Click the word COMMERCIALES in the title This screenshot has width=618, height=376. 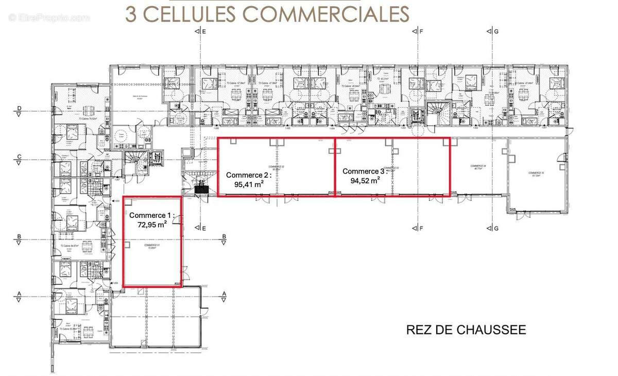(327, 14)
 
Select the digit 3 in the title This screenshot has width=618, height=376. (131, 14)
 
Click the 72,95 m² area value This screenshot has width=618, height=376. (152, 224)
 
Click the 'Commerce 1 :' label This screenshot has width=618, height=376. (152, 215)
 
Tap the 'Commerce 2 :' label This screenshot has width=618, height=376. (249, 174)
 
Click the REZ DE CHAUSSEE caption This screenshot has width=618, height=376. (466, 330)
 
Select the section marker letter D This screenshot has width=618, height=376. (19, 108)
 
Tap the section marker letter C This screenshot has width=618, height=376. (19, 157)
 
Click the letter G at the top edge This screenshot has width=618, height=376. (496, 32)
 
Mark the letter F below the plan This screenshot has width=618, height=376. (421, 228)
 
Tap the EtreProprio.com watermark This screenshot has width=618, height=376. (49, 18)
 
